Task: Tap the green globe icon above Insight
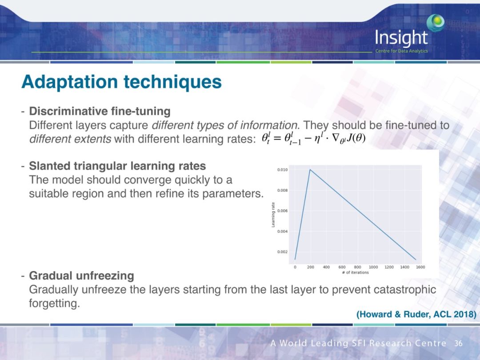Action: point(436,22)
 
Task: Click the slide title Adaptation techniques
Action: point(121,82)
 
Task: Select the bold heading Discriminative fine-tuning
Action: point(100,111)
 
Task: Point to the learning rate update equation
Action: point(314,139)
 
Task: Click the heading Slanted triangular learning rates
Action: point(117,166)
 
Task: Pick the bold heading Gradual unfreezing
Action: point(81,276)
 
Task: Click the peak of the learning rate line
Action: point(310,170)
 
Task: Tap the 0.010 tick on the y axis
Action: point(282,170)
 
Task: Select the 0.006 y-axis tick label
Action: point(282,211)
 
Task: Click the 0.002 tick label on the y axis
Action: point(282,252)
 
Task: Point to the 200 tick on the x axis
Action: point(311,267)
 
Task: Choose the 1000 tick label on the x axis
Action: point(373,267)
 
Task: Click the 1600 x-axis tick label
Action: point(420,267)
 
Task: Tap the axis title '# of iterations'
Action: point(356,272)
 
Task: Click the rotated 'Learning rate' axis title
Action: point(273,215)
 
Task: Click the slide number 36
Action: point(458,343)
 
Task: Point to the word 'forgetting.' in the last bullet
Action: point(55,304)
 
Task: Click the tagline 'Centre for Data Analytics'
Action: point(402,51)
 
